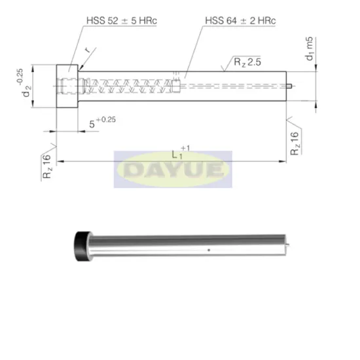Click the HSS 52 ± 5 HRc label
click(x=122, y=21)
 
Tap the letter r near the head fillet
click(x=87, y=49)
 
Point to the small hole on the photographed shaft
click(x=208, y=250)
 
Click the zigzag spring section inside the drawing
click(x=131, y=84)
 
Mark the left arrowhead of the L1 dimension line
click(x=59, y=161)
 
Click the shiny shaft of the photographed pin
click(x=183, y=245)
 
